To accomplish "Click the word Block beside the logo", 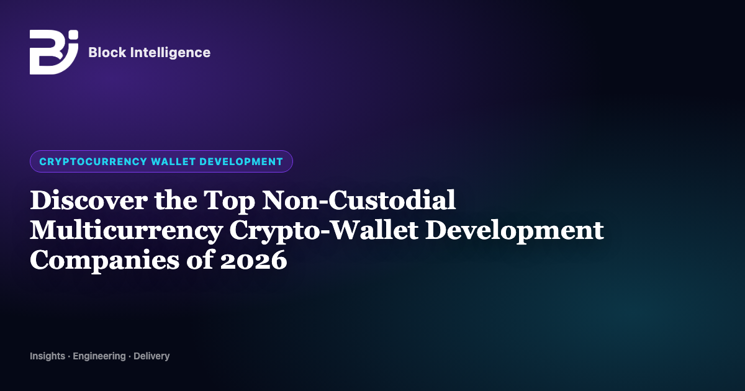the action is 107,53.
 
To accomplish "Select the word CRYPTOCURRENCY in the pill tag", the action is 93,161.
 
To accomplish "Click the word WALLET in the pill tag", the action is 173,161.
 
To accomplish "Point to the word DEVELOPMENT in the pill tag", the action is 241,161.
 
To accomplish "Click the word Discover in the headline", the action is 88,200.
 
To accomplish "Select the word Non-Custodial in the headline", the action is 359,200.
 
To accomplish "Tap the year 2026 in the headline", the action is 253,261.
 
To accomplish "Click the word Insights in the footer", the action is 48,356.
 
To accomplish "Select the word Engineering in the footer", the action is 99,356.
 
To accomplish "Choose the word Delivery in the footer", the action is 151,356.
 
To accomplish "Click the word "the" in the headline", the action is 176,200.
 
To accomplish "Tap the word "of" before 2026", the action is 199,259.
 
